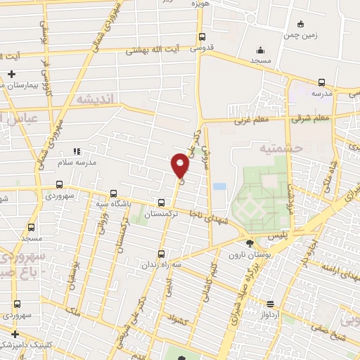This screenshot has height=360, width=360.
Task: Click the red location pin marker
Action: point(181,166)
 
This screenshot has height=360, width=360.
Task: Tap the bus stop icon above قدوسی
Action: point(202,37)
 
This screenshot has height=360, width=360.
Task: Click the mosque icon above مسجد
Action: point(261,50)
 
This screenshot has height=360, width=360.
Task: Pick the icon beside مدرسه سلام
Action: point(77,150)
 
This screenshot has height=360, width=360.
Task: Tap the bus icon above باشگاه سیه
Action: point(114,194)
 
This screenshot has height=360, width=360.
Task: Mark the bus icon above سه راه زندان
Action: point(162,254)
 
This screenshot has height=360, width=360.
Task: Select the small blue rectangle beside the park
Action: point(219,187)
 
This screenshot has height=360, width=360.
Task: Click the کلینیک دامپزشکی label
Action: point(25,345)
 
